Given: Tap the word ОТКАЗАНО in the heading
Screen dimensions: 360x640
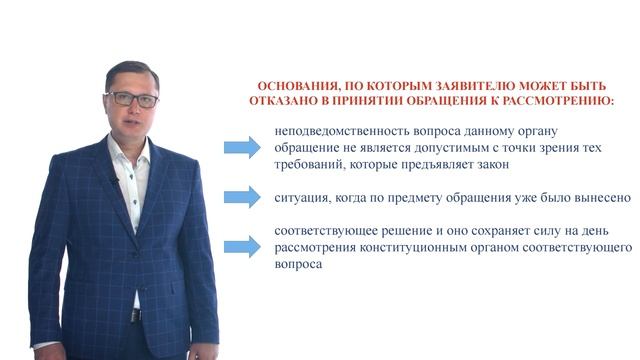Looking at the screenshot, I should pos(284,102).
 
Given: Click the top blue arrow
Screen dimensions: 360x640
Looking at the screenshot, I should pos(241,149).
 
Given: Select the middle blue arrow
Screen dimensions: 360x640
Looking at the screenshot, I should pos(241,197).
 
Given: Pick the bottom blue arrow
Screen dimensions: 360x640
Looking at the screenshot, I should pos(241,246).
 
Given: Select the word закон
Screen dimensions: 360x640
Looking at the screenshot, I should pos(491,165).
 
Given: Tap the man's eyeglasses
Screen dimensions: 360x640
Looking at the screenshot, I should pos(132,100).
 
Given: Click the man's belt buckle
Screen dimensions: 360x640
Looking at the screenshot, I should pos(135,315).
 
